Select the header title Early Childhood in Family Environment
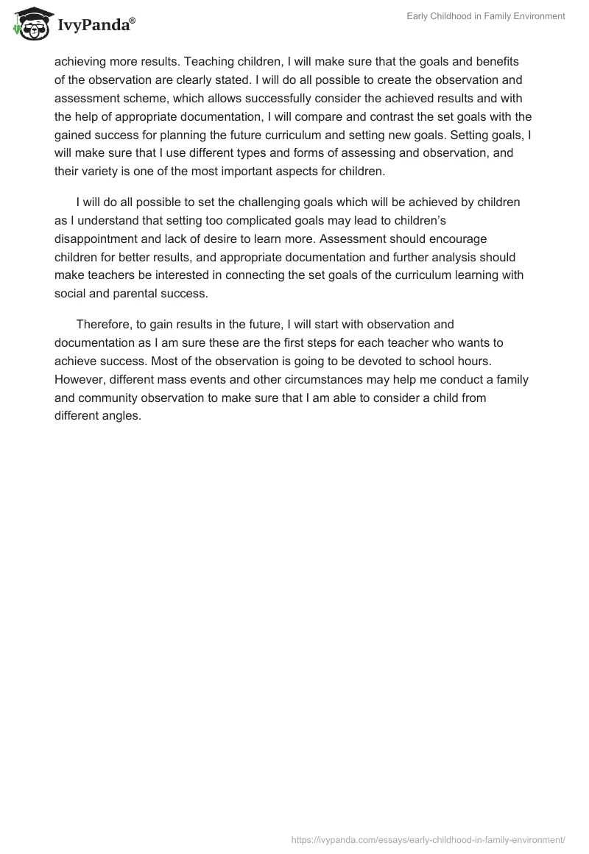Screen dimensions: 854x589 click(x=485, y=16)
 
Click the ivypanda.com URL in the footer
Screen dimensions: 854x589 click(x=428, y=839)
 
